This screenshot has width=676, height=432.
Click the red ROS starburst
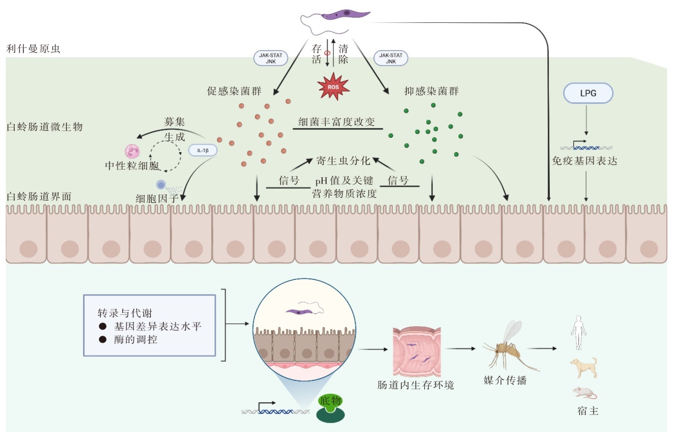(333, 88)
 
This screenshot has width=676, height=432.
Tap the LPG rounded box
(588, 94)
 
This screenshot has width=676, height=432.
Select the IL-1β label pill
(203, 151)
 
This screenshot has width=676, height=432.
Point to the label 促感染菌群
(234, 91)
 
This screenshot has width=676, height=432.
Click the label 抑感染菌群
(432, 91)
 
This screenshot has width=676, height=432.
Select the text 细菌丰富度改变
(337, 122)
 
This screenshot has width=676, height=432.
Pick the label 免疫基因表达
(584, 160)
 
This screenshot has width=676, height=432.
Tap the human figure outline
(578, 332)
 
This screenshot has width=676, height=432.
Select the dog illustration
(583, 367)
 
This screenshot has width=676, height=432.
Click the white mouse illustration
(584, 393)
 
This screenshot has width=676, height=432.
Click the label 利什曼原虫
(34, 49)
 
